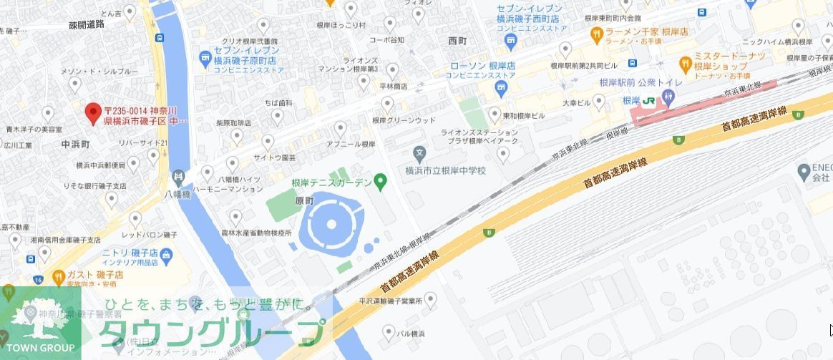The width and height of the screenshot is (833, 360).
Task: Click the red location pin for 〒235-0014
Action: click(x=92, y=112)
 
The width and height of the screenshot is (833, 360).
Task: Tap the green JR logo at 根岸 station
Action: click(x=648, y=101)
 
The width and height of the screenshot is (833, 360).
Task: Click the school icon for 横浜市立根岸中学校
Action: click(x=420, y=152)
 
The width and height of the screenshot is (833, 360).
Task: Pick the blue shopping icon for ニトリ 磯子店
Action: click(x=166, y=254)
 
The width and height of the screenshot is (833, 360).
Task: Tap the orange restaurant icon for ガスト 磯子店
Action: click(x=59, y=275)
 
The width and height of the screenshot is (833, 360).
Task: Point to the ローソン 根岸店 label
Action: click(x=482, y=65)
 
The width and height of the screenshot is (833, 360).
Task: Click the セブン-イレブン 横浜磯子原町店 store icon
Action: click(x=206, y=56)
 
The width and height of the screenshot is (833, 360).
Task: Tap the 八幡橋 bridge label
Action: click(x=177, y=194)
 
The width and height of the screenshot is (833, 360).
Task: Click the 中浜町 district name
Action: click(x=75, y=144)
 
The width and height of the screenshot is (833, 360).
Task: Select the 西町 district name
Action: click(x=457, y=41)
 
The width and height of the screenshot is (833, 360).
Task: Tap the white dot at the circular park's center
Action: click(x=331, y=224)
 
